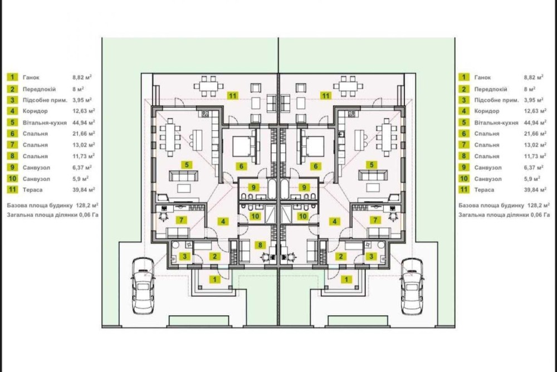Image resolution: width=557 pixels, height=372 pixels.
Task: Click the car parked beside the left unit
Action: (x=143, y=286)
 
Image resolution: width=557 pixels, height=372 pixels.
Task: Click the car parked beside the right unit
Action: (x=412, y=286)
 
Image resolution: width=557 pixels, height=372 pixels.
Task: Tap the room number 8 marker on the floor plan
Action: (x=260, y=245)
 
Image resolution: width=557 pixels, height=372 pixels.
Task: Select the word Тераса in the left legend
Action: (x=32, y=190)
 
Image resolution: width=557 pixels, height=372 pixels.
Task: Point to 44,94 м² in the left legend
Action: (x=84, y=123)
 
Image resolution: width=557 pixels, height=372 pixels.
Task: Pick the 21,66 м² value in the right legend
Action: (x=535, y=134)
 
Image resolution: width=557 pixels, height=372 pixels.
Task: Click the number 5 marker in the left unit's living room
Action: (x=187, y=164)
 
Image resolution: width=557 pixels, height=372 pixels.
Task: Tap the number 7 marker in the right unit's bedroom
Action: (x=375, y=220)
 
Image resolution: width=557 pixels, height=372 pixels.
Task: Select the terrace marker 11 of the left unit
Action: (x=233, y=95)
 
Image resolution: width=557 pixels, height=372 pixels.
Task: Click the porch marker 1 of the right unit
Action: (x=346, y=279)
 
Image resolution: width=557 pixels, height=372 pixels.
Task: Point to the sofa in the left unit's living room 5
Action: (x=183, y=175)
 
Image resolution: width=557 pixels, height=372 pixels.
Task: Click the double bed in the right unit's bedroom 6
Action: (x=312, y=146)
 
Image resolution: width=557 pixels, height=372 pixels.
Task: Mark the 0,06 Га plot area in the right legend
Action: (x=540, y=214)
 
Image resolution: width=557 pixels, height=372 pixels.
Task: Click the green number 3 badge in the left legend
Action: (x=12, y=100)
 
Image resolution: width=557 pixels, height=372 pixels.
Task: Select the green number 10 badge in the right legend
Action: (x=464, y=178)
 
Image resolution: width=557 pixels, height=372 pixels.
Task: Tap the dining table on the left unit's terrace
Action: (x=209, y=86)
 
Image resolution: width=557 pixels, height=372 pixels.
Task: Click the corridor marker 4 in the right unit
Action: (x=334, y=221)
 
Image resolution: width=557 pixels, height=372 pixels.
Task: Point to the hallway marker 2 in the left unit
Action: (x=214, y=256)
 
